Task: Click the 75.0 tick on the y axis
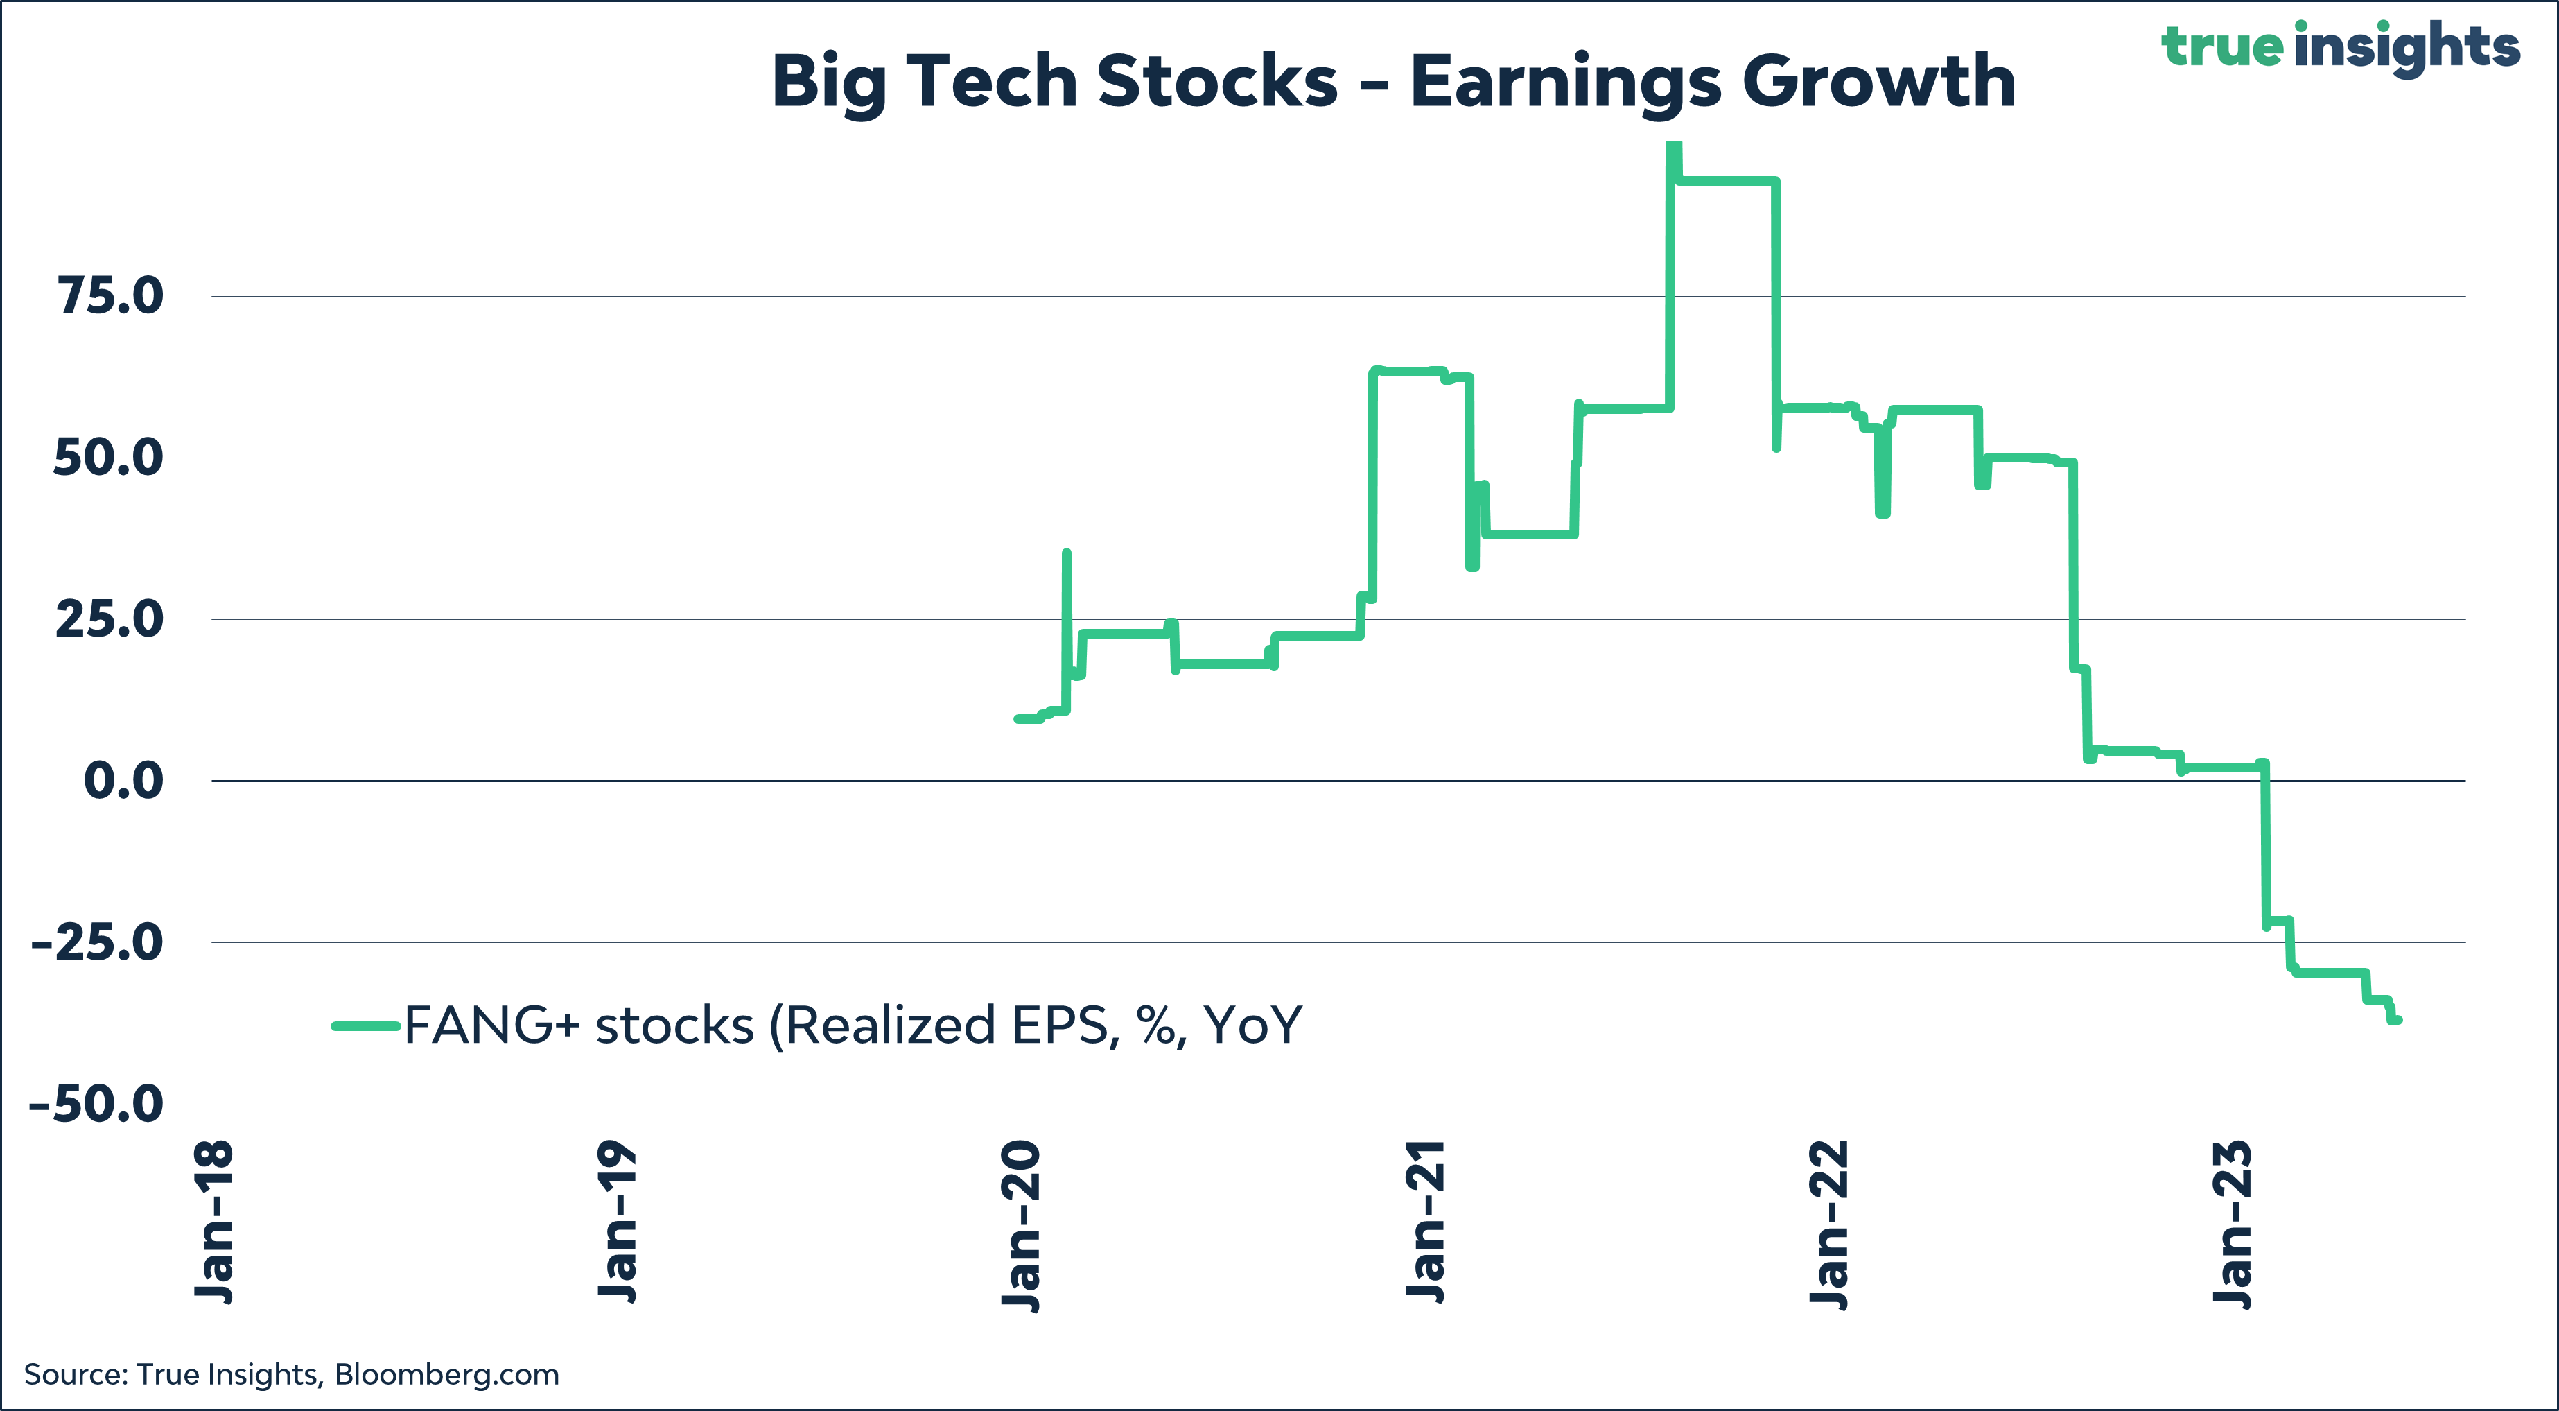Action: coord(110,296)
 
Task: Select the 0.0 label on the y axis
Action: coord(123,781)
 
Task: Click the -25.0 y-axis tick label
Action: coord(97,942)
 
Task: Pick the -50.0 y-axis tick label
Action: coord(96,1104)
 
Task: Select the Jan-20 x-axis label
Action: coord(1020,1226)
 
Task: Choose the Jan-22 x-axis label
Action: coord(1829,1224)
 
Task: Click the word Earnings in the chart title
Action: coord(1566,82)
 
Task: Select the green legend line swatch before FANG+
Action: coord(365,1025)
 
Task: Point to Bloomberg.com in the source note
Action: coord(446,1375)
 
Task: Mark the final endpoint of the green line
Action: coord(2398,1019)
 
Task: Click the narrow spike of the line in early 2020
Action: coord(1066,557)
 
